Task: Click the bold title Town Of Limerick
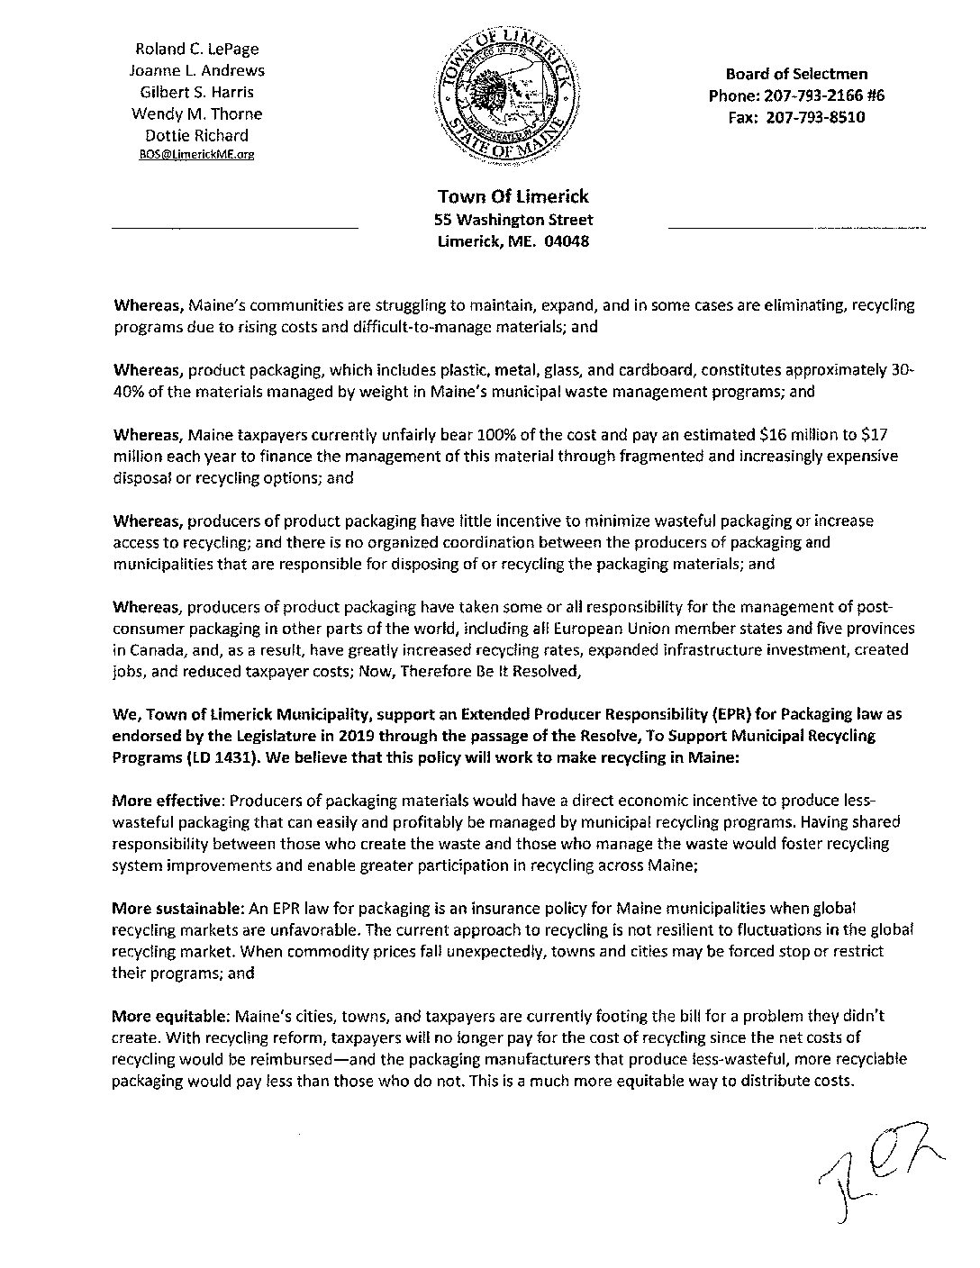513,196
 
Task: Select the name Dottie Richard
197,135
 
